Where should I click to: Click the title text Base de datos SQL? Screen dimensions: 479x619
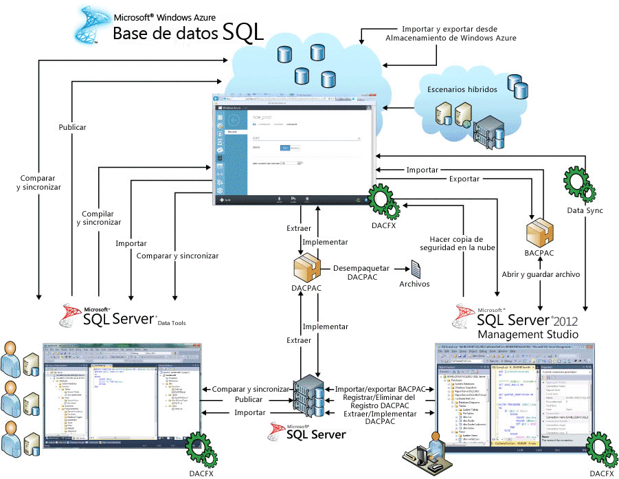pyautogui.click(x=188, y=32)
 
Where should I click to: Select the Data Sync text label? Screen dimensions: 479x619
pyautogui.click(x=585, y=210)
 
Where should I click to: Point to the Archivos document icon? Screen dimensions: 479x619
pyautogui.click(x=415, y=269)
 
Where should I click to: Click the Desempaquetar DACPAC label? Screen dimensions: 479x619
pyautogui.click(x=363, y=273)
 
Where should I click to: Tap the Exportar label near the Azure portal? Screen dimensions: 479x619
pyautogui.click(x=464, y=179)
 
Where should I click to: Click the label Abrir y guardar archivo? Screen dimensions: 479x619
pyautogui.click(x=541, y=274)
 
